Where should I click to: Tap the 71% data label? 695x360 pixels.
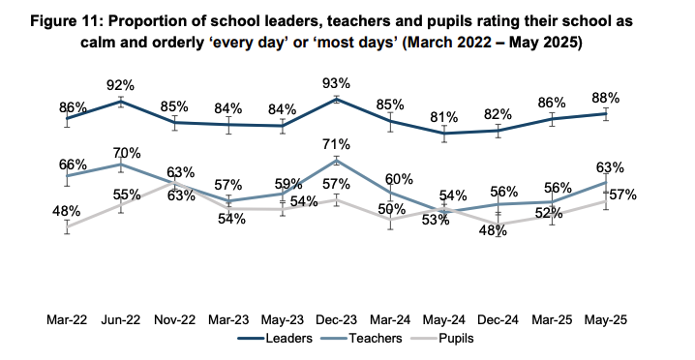click(x=337, y=144)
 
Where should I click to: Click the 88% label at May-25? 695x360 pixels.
click(x=607, y=97)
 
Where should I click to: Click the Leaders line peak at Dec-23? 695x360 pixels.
click(x=337, y=99)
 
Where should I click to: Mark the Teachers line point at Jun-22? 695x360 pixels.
click(x=121, y=165)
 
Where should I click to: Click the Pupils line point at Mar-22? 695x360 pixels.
click(x=67, y=227)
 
